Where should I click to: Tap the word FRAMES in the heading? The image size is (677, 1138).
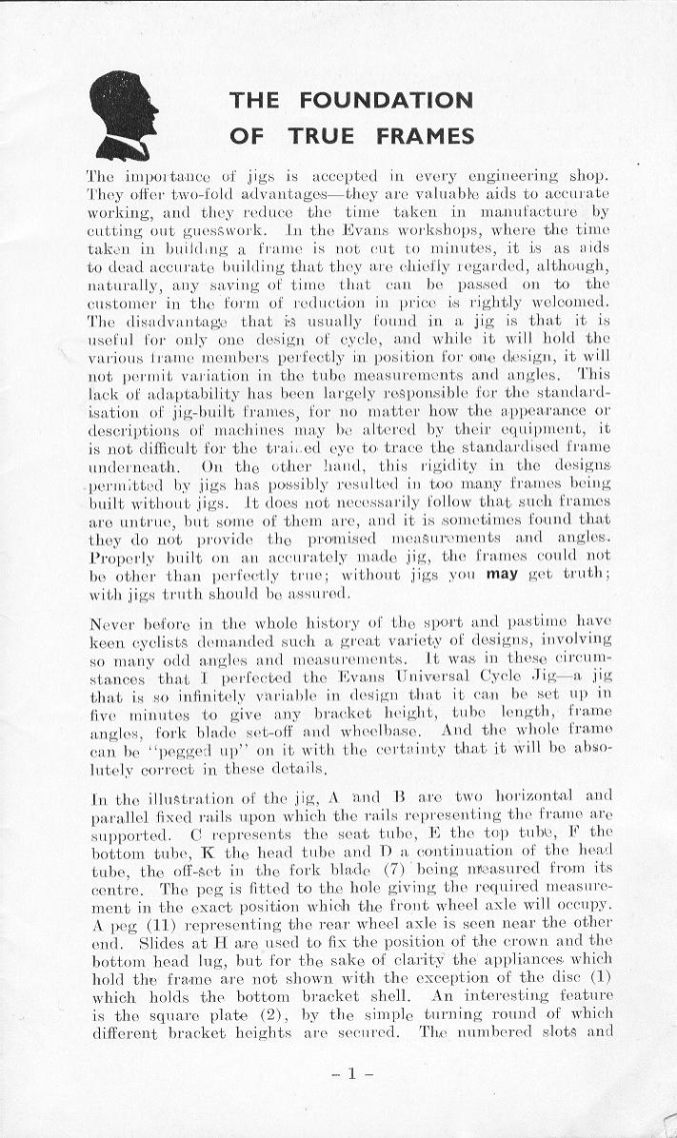[x=424, y=136]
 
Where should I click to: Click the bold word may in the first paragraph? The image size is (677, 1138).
[x=500, y=575]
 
